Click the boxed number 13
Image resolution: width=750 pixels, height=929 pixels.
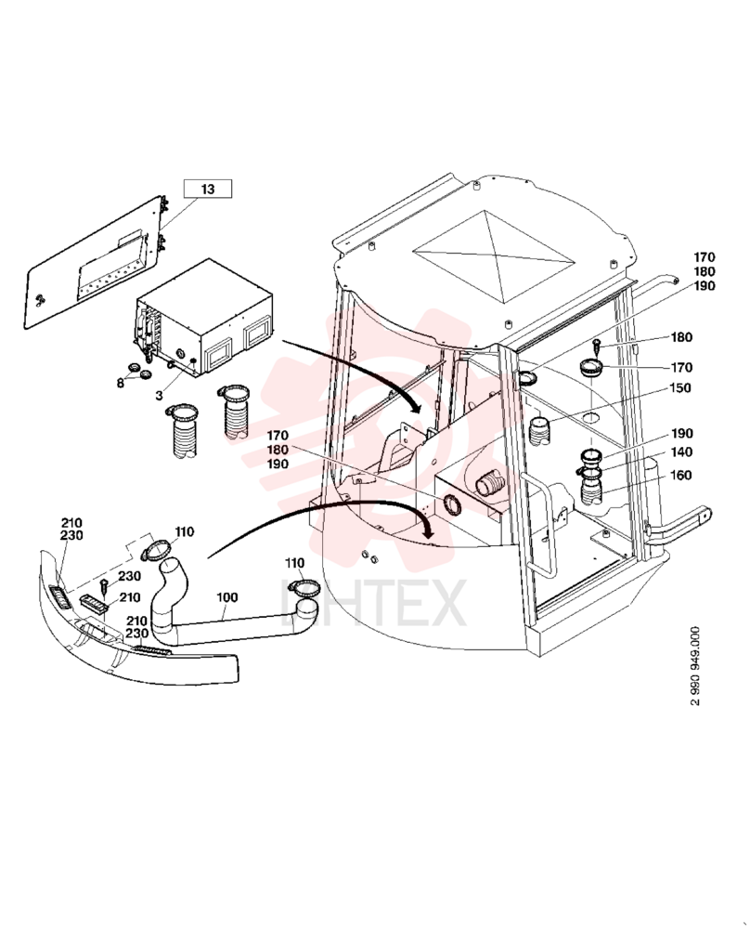207,189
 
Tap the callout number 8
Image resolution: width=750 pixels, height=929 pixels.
121,383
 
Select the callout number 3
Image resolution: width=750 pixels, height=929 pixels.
160,395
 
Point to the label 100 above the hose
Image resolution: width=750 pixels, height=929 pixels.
226,597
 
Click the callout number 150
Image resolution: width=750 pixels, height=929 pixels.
680,387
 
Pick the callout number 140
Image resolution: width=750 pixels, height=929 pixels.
681,452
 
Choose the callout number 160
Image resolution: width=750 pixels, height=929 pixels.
680,475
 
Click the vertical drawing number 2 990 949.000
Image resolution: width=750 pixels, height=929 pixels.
695,665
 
